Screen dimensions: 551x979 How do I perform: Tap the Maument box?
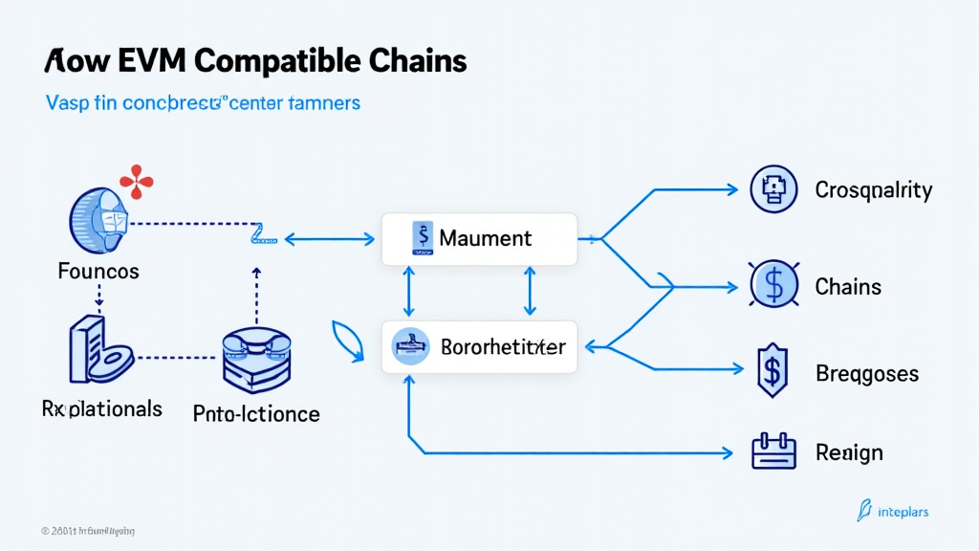point(479,239)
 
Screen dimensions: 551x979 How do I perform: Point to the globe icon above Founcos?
point(100,221)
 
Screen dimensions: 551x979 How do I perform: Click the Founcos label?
point(98,272)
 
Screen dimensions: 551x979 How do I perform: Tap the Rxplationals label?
point(101,408)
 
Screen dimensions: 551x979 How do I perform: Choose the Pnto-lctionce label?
point(256,414)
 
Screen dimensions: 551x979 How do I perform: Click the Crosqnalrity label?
point(873,189)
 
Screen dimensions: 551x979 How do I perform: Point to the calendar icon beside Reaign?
point(773,451)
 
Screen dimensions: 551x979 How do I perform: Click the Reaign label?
point(849,452)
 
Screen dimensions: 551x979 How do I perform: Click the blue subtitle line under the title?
point(203,102)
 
